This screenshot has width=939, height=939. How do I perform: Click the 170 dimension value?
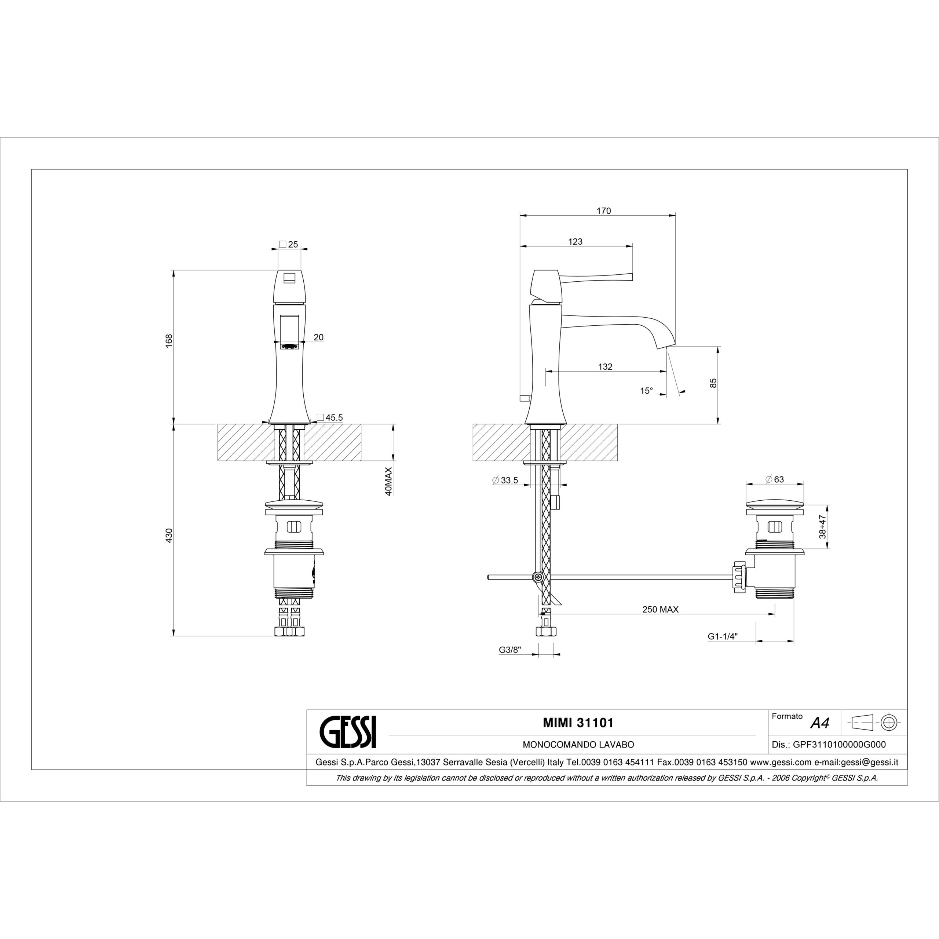604,211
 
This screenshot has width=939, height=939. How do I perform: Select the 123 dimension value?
576,242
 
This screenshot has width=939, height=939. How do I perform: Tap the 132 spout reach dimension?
605,367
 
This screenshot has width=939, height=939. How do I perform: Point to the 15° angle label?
646,391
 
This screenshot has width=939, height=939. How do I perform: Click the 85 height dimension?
713,383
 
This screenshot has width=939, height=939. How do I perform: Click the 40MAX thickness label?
388,482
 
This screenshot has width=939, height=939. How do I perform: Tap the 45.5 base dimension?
330,417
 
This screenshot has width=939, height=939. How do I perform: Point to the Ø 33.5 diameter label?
505,480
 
